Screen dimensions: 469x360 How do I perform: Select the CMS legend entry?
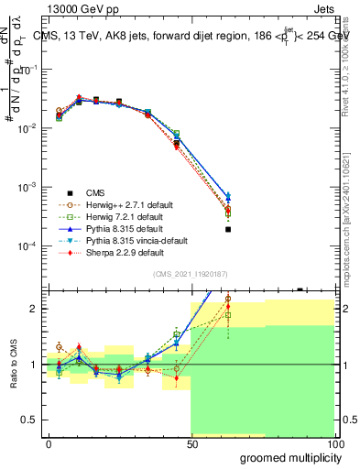[x=95, y=192]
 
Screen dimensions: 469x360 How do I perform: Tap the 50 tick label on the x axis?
[x=191, y=442]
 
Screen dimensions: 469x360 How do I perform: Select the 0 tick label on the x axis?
[x=49, y=442]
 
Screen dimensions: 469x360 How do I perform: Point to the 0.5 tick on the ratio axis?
[x=30, y=420]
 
